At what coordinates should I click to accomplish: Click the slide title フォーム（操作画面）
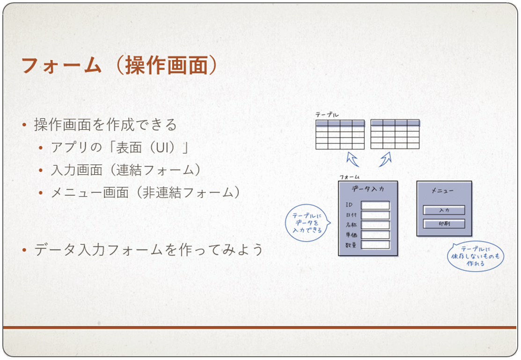[119, 65]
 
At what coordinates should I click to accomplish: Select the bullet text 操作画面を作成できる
[105, 125]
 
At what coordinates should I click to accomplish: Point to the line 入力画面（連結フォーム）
[125, 170]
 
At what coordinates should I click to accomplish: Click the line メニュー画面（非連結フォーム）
[145, 192]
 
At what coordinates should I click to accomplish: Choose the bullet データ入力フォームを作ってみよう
[148, 250]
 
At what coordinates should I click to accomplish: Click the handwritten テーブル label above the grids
[327, 115]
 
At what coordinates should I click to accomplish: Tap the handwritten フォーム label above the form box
[349, 177]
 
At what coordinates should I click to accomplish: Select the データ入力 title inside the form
[368, 189]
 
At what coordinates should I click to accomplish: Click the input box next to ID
[375, 205]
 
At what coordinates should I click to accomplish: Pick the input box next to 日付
[375, 215]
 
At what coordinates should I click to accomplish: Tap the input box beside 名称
[375, 225]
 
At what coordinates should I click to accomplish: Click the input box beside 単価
[375, 235]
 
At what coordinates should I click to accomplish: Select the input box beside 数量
[375, 245]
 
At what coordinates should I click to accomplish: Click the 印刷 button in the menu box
[444, 224]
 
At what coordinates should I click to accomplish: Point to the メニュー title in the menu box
[442, 191]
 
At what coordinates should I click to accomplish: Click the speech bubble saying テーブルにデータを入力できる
[308, 223]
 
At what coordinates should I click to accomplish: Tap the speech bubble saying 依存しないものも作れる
[476, 256]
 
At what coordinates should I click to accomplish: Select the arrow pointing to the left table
[352, 159]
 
